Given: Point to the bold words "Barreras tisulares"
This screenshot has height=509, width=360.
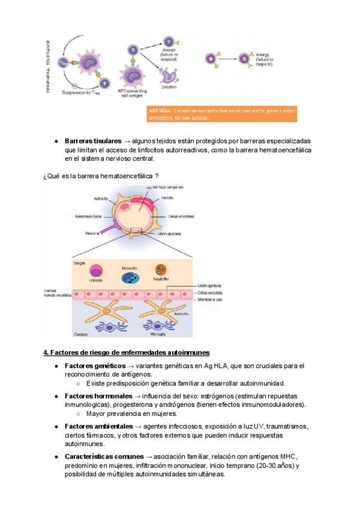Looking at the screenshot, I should click(92, 140).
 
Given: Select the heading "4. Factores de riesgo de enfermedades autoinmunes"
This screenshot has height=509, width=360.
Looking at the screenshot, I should click(126, 352).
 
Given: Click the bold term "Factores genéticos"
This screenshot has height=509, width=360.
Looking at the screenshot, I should click(95, 366).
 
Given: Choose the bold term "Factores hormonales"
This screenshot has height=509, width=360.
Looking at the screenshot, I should click(98, 396).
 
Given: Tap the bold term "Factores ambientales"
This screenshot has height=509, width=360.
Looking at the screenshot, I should click(98, 427).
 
